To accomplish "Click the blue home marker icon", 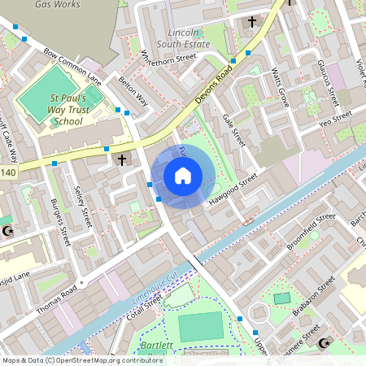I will pos(182,176).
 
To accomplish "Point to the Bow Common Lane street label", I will pos(72,67).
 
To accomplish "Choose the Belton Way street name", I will pos(133,92).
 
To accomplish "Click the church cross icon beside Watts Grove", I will pos(251,22).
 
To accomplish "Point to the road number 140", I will pos(7,172).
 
